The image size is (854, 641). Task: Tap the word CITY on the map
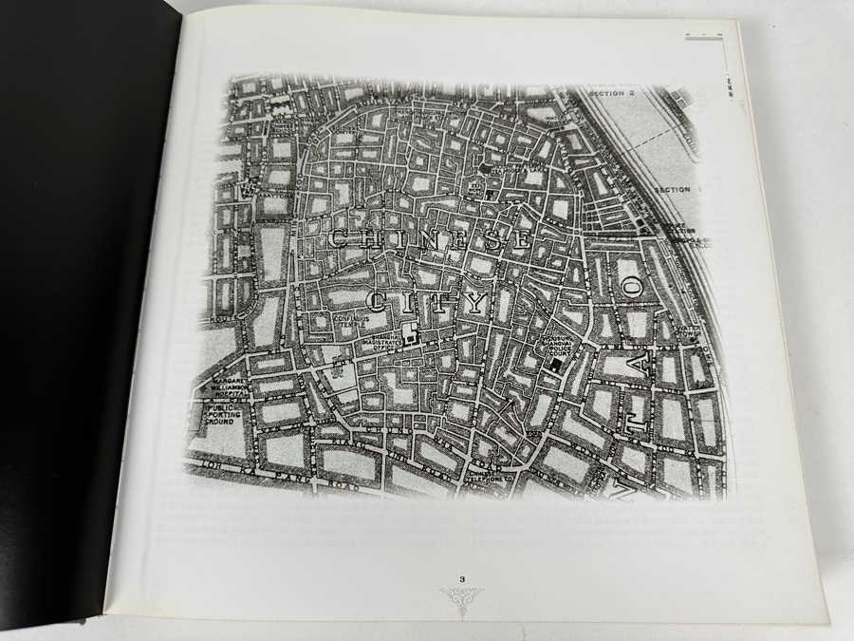pos(426,303)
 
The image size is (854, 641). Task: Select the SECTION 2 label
pos(610,94)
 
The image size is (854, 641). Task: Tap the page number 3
pos(461,578)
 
